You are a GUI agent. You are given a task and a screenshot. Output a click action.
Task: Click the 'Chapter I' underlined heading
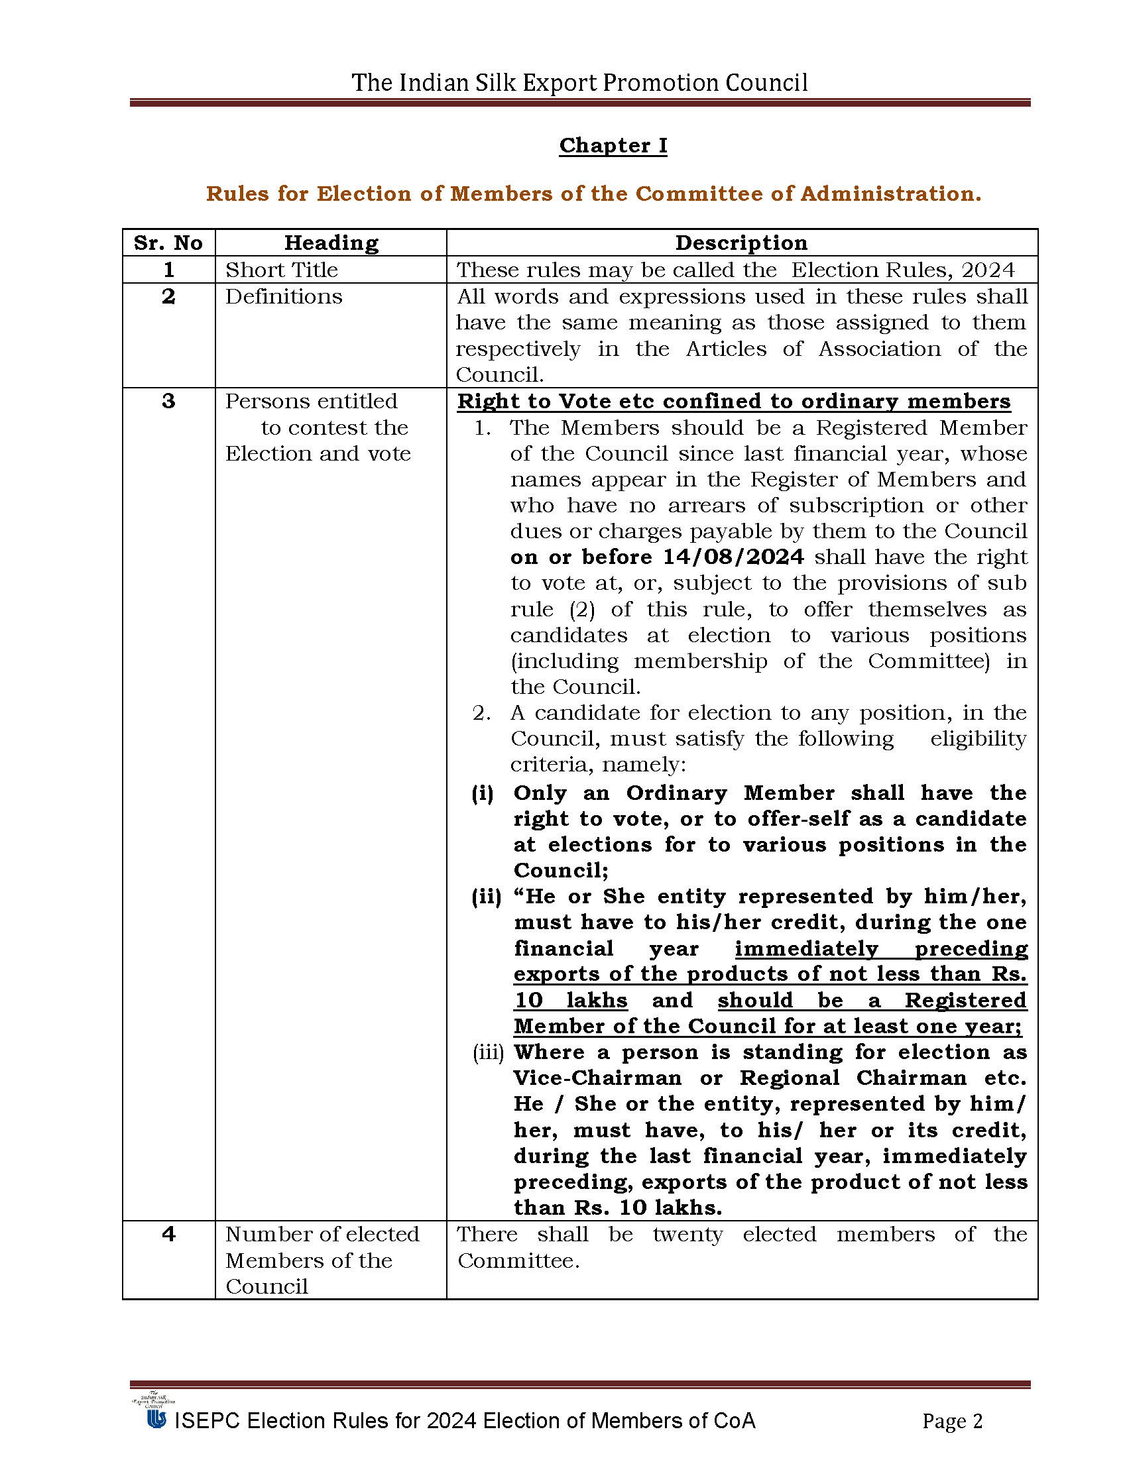(x=613, y=146)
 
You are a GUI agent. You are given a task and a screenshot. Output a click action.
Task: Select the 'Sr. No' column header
(x=168, y=243)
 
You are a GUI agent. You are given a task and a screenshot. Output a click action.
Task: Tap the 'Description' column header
(x=741, y=243)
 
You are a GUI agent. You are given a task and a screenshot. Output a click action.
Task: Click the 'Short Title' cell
(x=282, y=270)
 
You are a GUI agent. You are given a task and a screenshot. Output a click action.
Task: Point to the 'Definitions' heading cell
(x=284, y=296)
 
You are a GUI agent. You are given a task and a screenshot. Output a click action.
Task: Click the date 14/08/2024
(x=733, y=557)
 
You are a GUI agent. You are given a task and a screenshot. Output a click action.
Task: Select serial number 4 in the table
(x=168, y=1235)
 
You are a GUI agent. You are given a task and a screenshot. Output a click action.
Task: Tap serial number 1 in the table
(x=168, y=270)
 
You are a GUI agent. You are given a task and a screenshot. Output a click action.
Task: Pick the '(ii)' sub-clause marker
(x=487, y=897)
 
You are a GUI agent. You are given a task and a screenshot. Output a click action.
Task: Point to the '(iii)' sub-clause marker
(x=488, y=1053)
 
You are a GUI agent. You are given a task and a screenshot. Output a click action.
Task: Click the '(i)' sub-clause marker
(x=483, y=793)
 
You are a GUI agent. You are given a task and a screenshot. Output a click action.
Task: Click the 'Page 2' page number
(x=952, y=1422)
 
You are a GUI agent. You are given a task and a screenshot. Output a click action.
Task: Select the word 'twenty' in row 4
(x=687, y=1235)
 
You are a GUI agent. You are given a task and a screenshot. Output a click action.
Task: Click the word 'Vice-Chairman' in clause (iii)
(x=597, y=1079)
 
